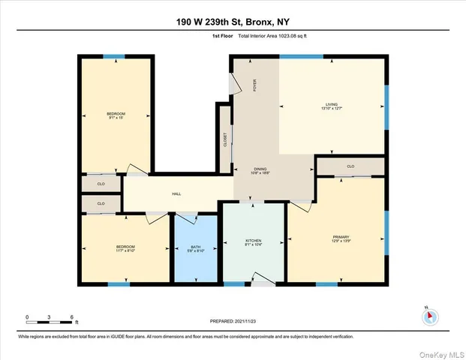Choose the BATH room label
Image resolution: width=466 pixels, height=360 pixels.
click(x=196, y=247)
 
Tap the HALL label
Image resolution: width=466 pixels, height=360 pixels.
click(x=176, y=194)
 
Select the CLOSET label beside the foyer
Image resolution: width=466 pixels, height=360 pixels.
click(x=225, y=139)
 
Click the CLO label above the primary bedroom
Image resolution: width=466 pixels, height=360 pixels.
click(x=350, y=166)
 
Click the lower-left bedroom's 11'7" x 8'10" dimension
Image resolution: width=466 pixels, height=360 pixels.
click(x=125, y=250)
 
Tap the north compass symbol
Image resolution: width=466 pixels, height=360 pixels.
click(x=430, y=316)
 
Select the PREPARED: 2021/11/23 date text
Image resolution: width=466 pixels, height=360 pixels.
click(x=233, y=320)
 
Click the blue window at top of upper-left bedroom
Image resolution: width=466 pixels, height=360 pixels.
click(x=114, y=56)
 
